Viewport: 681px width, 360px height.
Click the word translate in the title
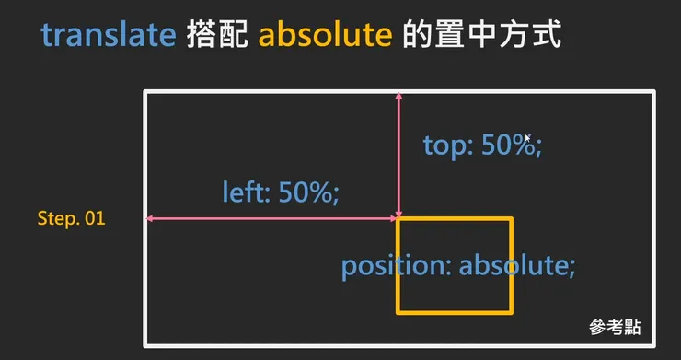[108, 36]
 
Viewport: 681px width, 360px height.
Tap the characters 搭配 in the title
[217, 36]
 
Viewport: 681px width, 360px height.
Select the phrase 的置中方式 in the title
[481, 36]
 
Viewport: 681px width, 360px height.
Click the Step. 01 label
[71, 219]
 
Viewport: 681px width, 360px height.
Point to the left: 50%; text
[281, 193]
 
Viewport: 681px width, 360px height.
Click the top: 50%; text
[482, 145]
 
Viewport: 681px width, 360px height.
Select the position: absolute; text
[458, 266]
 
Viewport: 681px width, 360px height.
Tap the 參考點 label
[615, 327]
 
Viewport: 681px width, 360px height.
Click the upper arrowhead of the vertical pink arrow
[398, 96]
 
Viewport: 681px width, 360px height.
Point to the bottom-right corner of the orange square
[512, 312]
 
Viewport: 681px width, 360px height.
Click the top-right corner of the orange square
[512, 219]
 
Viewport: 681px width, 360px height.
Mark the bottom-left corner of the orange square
[398, 312]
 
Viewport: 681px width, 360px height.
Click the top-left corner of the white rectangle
[145, 91]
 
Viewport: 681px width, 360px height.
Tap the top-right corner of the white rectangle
[653, 91]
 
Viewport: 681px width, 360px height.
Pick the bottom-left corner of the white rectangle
[145, 346]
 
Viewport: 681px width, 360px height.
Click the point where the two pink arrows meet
[398, 218]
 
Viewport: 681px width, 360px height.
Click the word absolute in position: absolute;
[517, 266]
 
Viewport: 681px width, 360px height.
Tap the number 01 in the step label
[95, 219]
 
